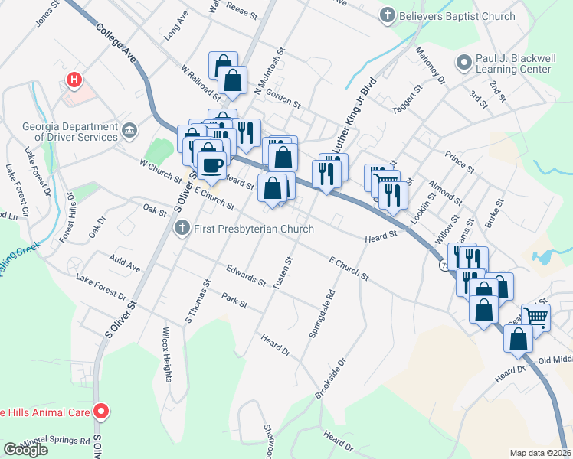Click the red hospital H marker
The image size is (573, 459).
click(x=74, y=79)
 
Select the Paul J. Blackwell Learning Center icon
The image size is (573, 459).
click(x=463, y=62)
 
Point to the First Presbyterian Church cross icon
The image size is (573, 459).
click(x=182, y=228)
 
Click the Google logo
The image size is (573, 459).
click(x=25, y=449)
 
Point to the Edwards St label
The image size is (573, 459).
click(x=245, y=275)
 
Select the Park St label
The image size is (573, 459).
click(x=234, y=299)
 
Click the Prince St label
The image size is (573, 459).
click(x=460, y=161)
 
